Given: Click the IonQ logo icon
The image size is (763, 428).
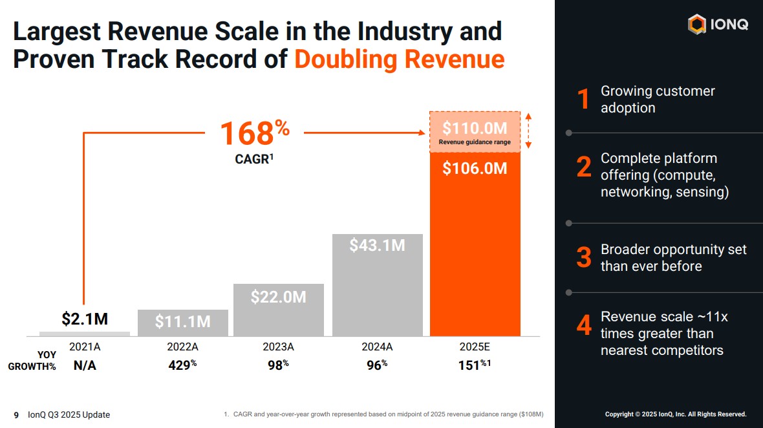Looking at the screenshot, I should click(696, 25).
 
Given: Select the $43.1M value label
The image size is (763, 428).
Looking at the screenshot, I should click(377, 246).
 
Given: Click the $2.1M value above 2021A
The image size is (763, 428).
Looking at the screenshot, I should click(85, 319).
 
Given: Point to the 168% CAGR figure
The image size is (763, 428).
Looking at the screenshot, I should click(255, 134).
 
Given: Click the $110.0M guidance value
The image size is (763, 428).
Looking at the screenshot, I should click(475, 128).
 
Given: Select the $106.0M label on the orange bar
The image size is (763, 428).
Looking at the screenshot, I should click(475, 169).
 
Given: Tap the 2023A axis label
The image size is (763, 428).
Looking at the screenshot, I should click(278, 347).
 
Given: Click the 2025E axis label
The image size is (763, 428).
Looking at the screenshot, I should click(475, 347).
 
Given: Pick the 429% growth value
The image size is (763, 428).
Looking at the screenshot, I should click(182, 365).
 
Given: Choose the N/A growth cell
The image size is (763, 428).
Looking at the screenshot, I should click(85, 365).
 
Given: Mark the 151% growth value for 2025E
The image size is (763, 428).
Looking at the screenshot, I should click(475, 365).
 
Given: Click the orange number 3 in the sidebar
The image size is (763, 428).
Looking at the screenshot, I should click(584, 258).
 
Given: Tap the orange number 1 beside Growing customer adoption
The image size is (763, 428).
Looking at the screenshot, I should click(583, 100).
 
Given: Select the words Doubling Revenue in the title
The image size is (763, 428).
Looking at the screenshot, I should click(399, 59).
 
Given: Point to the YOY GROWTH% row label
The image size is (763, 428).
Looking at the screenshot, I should click(32, 360).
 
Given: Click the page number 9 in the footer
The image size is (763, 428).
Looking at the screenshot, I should click(17, 414).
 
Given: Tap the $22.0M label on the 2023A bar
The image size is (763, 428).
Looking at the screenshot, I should click(278, 297).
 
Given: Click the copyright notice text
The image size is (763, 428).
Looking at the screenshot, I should click(675, 414).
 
